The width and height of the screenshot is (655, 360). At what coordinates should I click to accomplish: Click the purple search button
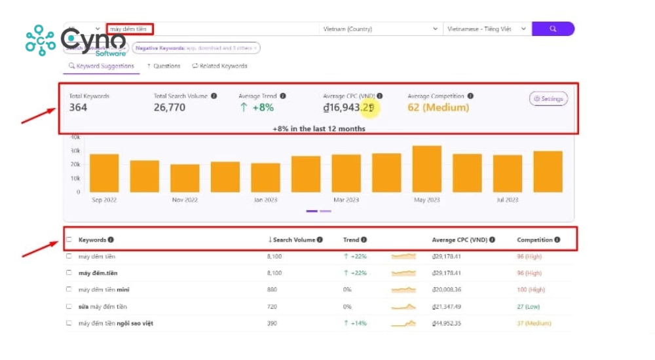point(553,29)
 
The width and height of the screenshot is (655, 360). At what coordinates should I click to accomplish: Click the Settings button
point(548,99)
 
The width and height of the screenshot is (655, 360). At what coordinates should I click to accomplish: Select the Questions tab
point(163,66)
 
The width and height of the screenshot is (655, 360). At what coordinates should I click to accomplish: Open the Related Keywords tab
point(219,66)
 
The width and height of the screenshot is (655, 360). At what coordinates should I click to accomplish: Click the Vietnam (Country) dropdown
point(381,29)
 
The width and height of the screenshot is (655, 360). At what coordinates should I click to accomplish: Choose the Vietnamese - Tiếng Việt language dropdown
point(487,29)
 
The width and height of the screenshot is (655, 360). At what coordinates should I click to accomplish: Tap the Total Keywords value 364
point(78,107)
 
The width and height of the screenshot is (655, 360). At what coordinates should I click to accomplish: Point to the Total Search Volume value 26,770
point(170,107)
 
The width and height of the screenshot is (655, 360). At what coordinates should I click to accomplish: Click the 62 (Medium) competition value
point(438,107)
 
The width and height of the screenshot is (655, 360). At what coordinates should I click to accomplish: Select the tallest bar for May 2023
point(426,169)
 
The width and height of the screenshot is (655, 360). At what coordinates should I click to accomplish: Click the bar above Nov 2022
point(185,178)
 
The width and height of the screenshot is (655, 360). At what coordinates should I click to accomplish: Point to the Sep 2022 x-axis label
point(104,200)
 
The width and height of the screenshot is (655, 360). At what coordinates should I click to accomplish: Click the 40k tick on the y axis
point(75,137)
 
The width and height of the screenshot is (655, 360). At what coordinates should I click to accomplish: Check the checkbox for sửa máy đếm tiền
point(69,306)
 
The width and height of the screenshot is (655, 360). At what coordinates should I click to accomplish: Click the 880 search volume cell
point(272,289)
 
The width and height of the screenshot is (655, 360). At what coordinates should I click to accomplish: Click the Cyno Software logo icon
point(41,40)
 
